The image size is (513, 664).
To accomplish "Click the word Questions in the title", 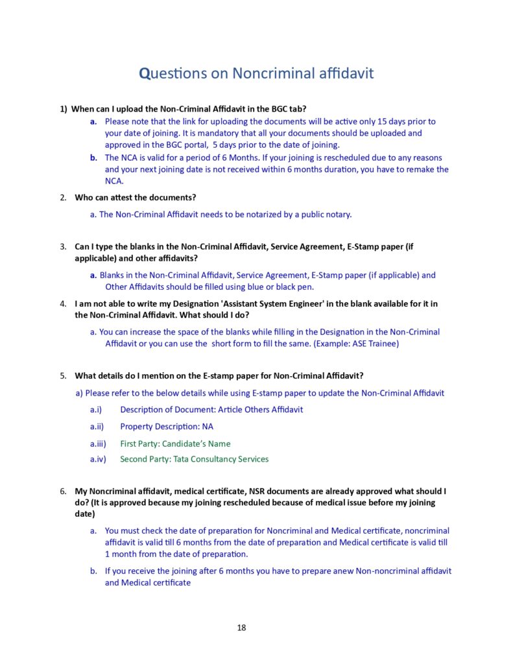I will [173, 73].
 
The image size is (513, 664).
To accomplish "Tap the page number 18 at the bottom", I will [241, 627].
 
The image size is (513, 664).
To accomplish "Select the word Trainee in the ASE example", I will [384, 343].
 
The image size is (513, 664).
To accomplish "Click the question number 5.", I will [63, 375].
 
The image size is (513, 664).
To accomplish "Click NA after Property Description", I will [208, 427].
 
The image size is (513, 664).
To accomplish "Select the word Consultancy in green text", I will [216, 459].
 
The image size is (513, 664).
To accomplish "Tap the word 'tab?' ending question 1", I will [287, 108].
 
